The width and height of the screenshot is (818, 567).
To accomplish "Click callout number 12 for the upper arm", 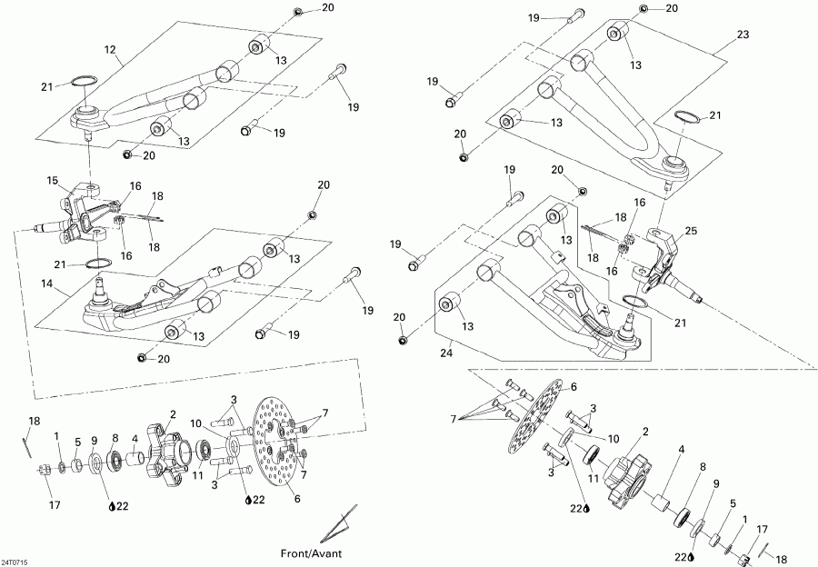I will point(111,49).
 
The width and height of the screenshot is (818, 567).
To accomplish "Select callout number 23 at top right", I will point(743,35).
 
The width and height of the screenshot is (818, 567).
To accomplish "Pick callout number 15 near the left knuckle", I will point(52,180).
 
